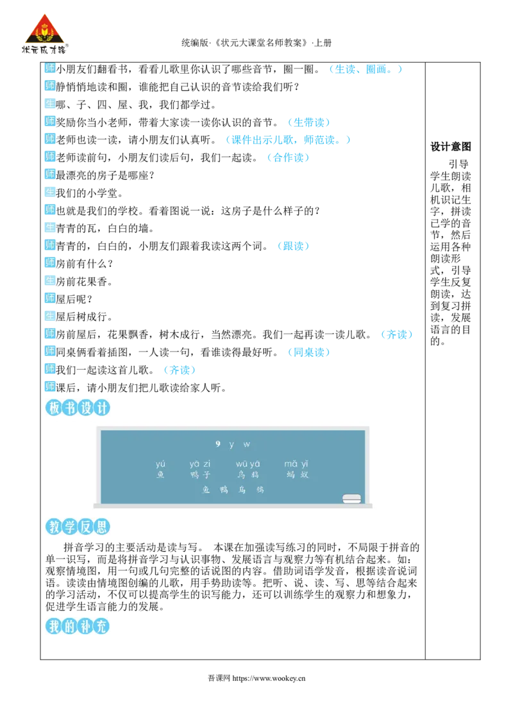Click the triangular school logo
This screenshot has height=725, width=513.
click(44, 33)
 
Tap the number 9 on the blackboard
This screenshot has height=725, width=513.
click(218, 444)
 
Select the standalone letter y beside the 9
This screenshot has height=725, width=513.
click(231, 444)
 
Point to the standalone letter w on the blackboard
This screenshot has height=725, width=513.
click(247, 444)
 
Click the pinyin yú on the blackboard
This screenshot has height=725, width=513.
click(160, 464)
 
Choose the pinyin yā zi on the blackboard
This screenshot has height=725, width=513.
click(200, 464)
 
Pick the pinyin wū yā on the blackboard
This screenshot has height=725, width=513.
click(248, 464)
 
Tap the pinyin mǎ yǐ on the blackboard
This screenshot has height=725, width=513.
click(296, 464)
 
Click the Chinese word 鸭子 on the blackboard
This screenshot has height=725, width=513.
click(200, 475)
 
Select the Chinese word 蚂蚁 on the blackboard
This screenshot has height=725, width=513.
click(298, 475)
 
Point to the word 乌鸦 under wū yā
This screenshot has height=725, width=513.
click(248, 475)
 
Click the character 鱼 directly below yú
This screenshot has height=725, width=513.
click(160, 475)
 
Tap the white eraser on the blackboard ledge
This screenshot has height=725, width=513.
click(351, 498)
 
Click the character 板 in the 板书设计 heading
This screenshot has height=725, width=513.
click(53, 407)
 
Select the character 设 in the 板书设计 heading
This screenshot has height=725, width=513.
click(85, 407)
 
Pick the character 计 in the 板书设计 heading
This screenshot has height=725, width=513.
click(101, 407)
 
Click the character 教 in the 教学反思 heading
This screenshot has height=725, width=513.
click(53, 527)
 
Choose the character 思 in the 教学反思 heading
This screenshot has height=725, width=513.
click(101, 527)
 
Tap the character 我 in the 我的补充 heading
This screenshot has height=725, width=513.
click(53, 626)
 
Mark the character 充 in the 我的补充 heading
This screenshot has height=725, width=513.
click(101, 626)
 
